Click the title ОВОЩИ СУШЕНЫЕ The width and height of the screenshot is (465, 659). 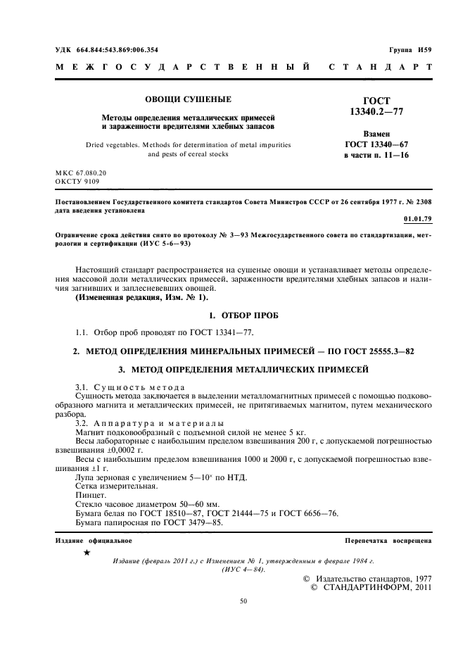click(x=189, y=99)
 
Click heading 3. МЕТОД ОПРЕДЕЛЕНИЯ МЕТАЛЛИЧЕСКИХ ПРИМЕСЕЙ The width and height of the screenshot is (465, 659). click(x=242, y=368)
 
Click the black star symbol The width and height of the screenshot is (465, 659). click(x=87, y=553)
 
